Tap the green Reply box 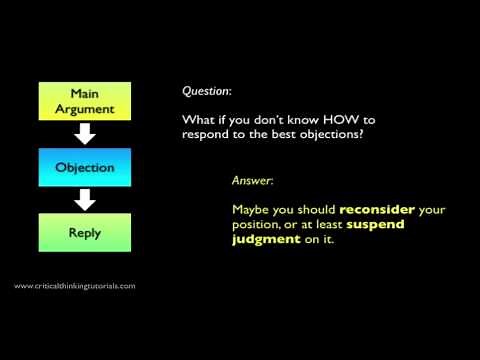click(x=86, y=232)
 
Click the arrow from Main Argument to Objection click(x=86, y=132)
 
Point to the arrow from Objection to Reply click(x=86, y=199)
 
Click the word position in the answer click(x=255, y=225)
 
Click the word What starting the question click(x=197, y=120)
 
